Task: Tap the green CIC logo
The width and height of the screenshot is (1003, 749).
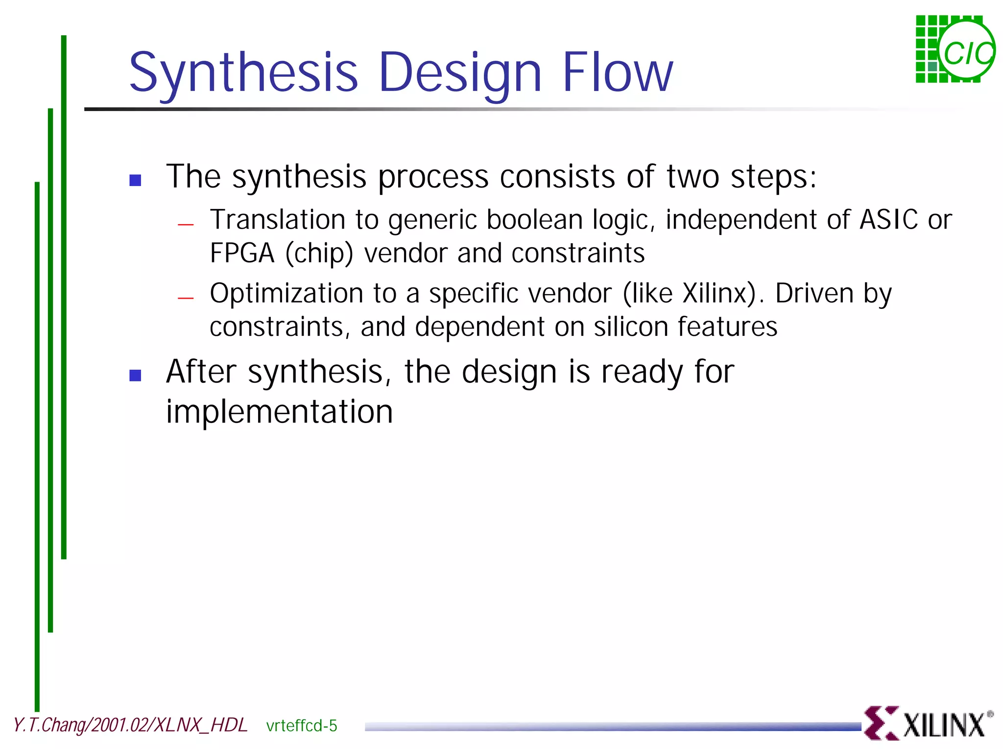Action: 955,49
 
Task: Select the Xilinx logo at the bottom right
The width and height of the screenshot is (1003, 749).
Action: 928,724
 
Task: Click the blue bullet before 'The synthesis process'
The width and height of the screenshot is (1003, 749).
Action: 135,180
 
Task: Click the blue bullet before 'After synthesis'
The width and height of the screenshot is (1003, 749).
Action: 135,375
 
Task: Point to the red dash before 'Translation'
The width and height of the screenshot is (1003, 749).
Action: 186,225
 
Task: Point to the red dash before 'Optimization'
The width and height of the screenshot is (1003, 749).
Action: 186,298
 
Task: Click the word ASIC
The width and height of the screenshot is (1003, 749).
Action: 888,220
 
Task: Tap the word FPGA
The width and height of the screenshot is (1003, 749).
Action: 242,254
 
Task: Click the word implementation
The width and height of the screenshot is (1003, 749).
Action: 279,412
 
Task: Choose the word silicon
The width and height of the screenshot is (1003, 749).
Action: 631,327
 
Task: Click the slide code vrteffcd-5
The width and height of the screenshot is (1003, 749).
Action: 302,726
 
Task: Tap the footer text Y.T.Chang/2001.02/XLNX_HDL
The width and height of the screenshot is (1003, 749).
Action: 130,725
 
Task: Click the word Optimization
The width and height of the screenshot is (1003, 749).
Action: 286,294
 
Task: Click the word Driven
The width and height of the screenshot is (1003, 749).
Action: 814,294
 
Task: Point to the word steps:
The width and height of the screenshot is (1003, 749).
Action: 774,177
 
